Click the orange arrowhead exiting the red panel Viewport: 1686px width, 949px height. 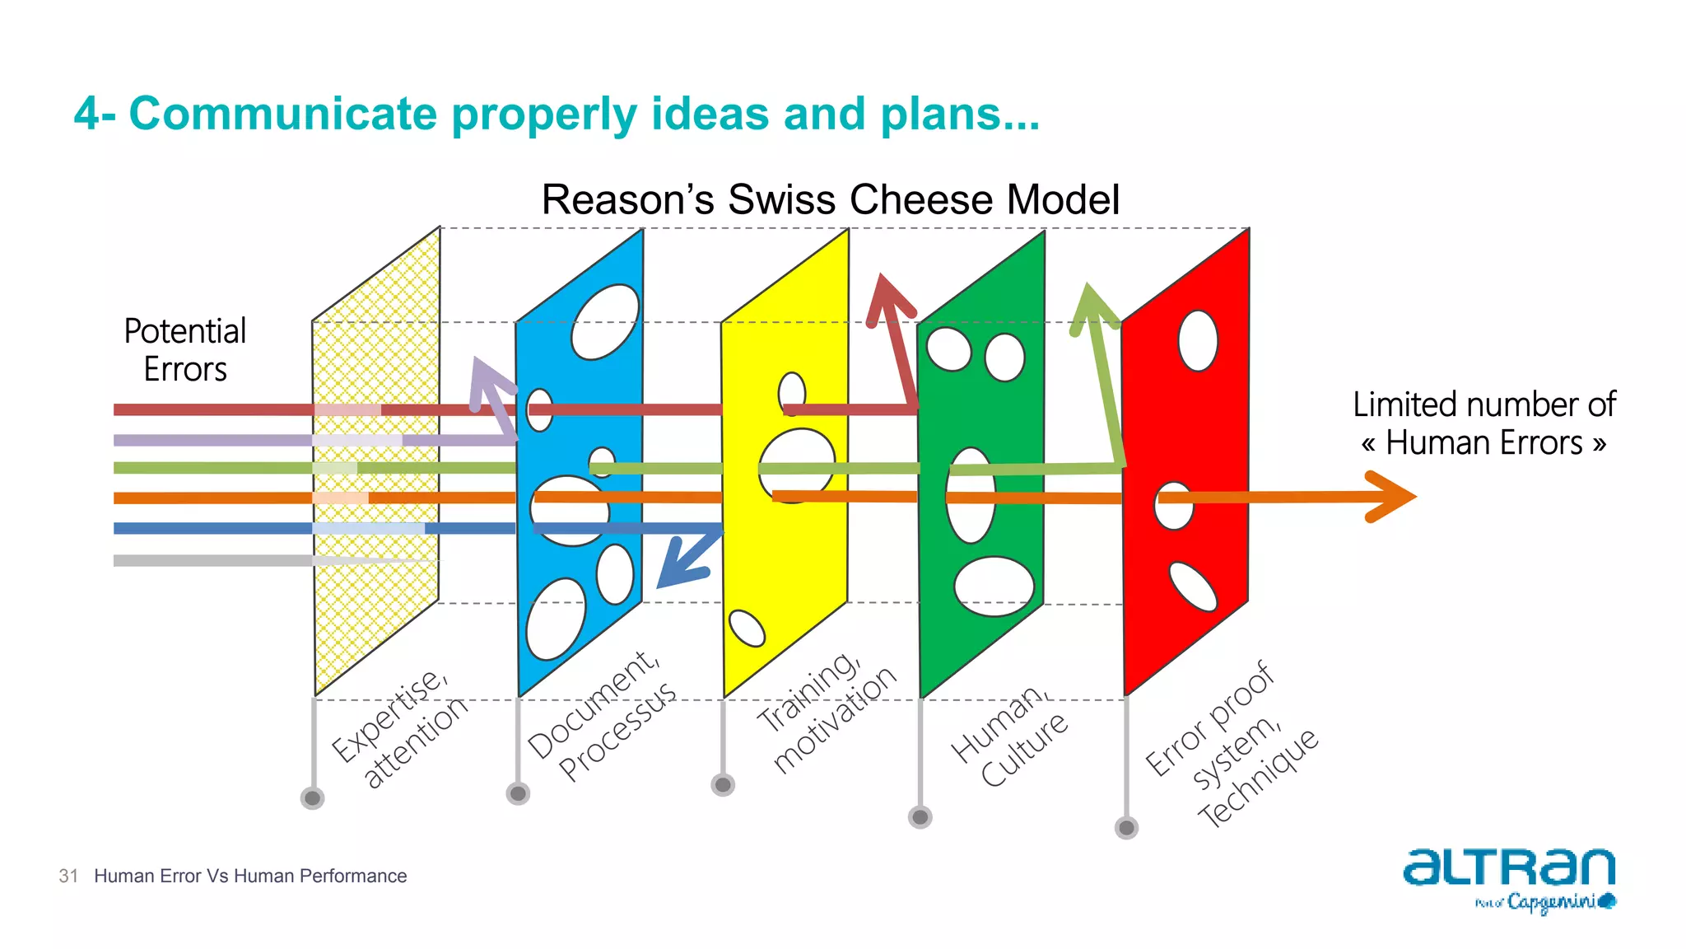pos(1391,496)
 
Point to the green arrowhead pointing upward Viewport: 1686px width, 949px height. pos(1091,306)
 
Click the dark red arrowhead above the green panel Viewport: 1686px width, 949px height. pos(887,298)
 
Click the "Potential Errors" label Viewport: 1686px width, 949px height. pos(185,350)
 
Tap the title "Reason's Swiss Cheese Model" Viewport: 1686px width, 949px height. pos(830,199)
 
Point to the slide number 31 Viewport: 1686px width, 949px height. pos(68,876)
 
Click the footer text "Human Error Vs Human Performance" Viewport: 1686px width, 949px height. pos(250,876)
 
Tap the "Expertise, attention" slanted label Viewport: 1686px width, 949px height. pos(400,727)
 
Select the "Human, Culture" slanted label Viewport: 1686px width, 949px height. pos(1009,736)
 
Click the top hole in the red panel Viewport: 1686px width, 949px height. pos(1198,340)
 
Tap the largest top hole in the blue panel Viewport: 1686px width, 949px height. pos(605,321)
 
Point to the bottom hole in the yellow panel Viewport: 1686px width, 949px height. pos(748,629)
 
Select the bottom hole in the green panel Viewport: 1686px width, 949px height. pos(994,586)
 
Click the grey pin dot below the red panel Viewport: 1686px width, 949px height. pos(1126,827)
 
